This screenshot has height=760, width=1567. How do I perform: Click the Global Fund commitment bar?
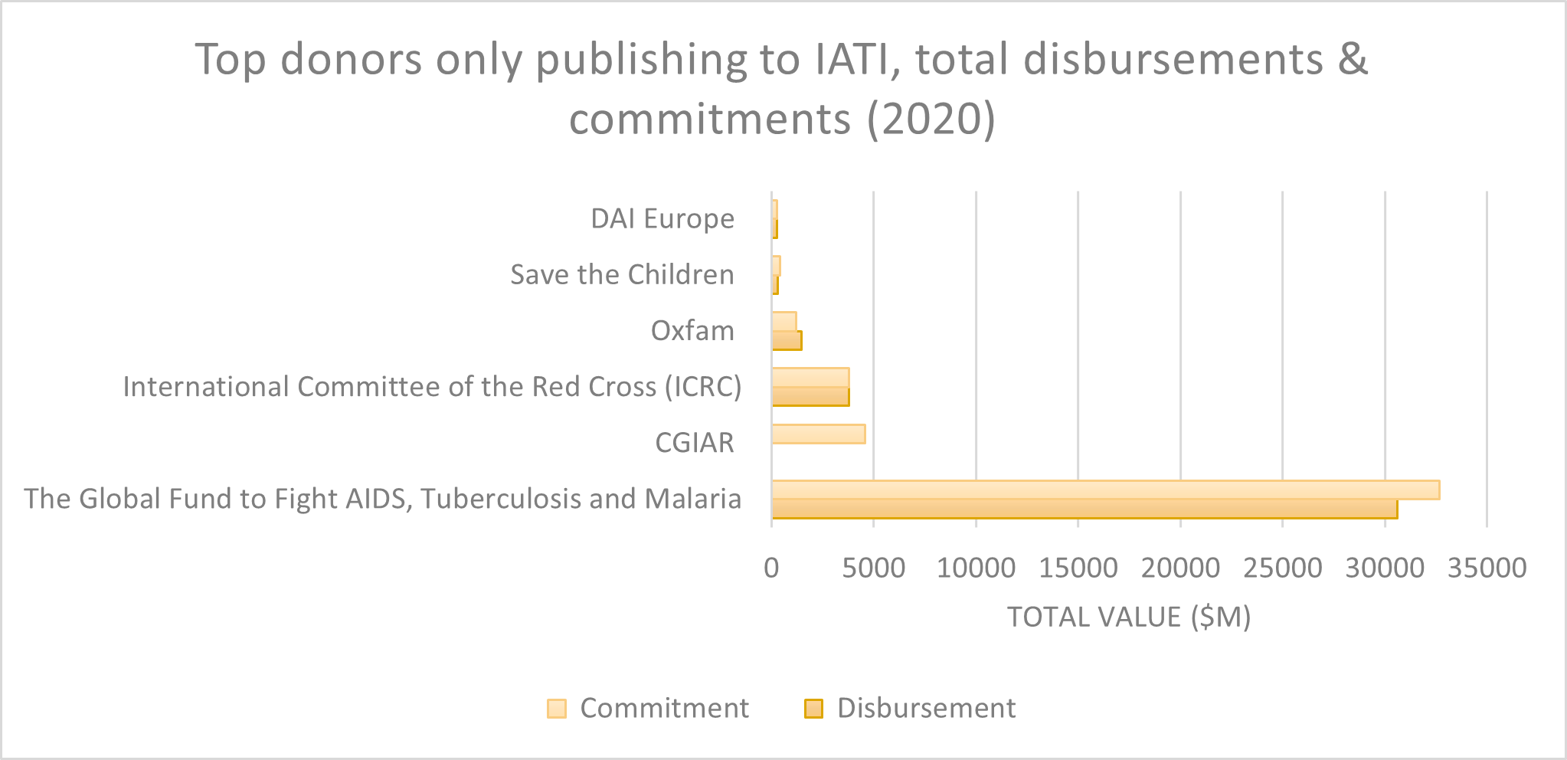[1105, 490]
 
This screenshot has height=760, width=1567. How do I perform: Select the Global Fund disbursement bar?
[1084, 509]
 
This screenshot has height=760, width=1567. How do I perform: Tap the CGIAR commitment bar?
[818, 434]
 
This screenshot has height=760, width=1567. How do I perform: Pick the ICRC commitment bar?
[810, 378]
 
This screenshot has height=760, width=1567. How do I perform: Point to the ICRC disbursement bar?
[810, 397]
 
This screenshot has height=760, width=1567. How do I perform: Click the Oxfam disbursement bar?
[787, 341]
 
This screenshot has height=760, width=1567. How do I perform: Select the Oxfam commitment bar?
[784, 322]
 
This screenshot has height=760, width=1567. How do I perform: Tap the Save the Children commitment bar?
[777, 266]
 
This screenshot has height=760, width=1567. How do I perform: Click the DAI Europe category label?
[662, 219]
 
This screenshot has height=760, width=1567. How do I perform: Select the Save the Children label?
[622, 275]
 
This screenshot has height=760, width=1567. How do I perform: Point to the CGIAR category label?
[694, 443]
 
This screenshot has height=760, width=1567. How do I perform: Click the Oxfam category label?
[692, 331]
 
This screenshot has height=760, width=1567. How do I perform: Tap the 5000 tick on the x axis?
[873, 568]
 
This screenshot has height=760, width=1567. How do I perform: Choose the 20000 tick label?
[1180, 568]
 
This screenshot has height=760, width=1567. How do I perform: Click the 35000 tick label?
[1487, 568]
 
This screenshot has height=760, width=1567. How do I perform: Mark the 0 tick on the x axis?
[771, 568]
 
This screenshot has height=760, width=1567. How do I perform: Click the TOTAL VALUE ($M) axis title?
[1128, 617]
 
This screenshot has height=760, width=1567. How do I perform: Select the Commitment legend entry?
[648, 708]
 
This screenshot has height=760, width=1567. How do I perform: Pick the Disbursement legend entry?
[911, 708]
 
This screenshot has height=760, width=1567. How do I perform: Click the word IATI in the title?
[853, 59]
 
